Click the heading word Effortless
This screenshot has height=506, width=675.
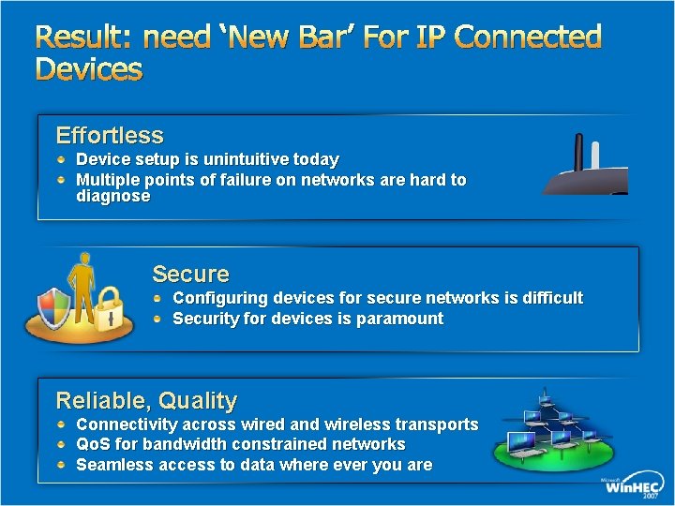tap(110, 135)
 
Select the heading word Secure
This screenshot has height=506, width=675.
tap(190, 274)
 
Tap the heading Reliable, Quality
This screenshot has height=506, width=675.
tap(146, 401)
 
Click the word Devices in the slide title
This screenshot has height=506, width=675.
tap(89, 69)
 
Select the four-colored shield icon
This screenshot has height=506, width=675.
tap(52, 305)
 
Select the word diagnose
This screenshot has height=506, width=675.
tap(112, 197)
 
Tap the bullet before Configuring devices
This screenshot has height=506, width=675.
tap(161, 298)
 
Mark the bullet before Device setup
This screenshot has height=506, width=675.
tap(62, 160)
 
